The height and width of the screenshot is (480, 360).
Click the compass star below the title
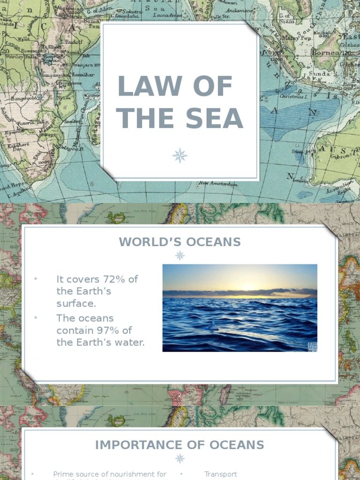180,156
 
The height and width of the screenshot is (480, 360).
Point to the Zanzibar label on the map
82,75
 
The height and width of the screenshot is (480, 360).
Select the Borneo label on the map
325,53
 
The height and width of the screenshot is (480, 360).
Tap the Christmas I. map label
294,96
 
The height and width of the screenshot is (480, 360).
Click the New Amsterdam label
218,184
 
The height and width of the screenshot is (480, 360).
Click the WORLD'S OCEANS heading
180,242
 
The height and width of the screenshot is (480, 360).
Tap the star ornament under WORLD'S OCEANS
180,255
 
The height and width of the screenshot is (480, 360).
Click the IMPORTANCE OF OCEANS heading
180,445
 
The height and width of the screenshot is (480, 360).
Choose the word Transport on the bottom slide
220,474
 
